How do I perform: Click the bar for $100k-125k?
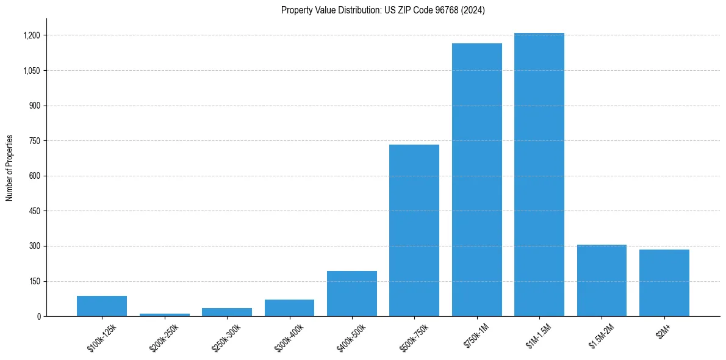[x=102, y=306]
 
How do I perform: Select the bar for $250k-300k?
[x=227, y=312]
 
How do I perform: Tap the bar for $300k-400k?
[x=289, y=308]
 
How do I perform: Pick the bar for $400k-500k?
[x=352, y=293]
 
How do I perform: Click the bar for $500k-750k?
[x=414, y=231]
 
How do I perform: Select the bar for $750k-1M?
[x=476, y=180]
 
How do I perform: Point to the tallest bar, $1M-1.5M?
[x=539, y=175]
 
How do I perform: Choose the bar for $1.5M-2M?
[x=602, y=281]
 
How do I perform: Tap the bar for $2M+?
[x=664, y=283]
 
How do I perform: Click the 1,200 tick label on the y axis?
[x=32, y=35]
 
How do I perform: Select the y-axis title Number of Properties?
[x=9, y=168]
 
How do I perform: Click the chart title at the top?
[x=383, y=10]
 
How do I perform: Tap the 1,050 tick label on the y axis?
[x=32, y=71]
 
